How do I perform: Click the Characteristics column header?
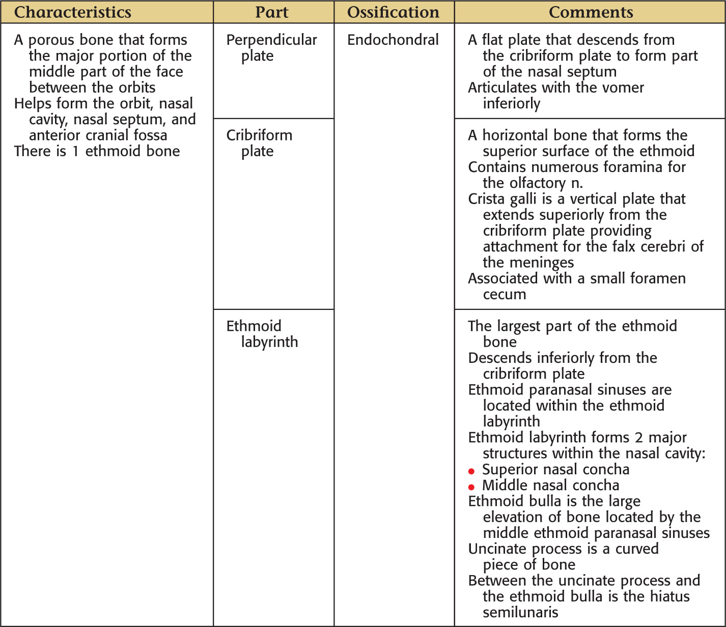coord(72,12)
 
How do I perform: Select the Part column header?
coord(272,12)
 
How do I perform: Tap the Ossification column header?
coord(393,12)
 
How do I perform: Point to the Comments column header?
coord(591,12)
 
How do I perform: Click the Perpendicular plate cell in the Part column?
coord(271,47)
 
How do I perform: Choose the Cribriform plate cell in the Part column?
coord(259,143)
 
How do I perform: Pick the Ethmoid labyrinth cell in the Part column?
coord(262,333)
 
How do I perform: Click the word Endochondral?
coord(393,40)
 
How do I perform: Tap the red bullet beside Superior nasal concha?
coord(471,471)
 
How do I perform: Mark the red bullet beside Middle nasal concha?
coord(471,487)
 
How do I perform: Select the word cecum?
coord(504,295)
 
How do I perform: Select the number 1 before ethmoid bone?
coord(75,151)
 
